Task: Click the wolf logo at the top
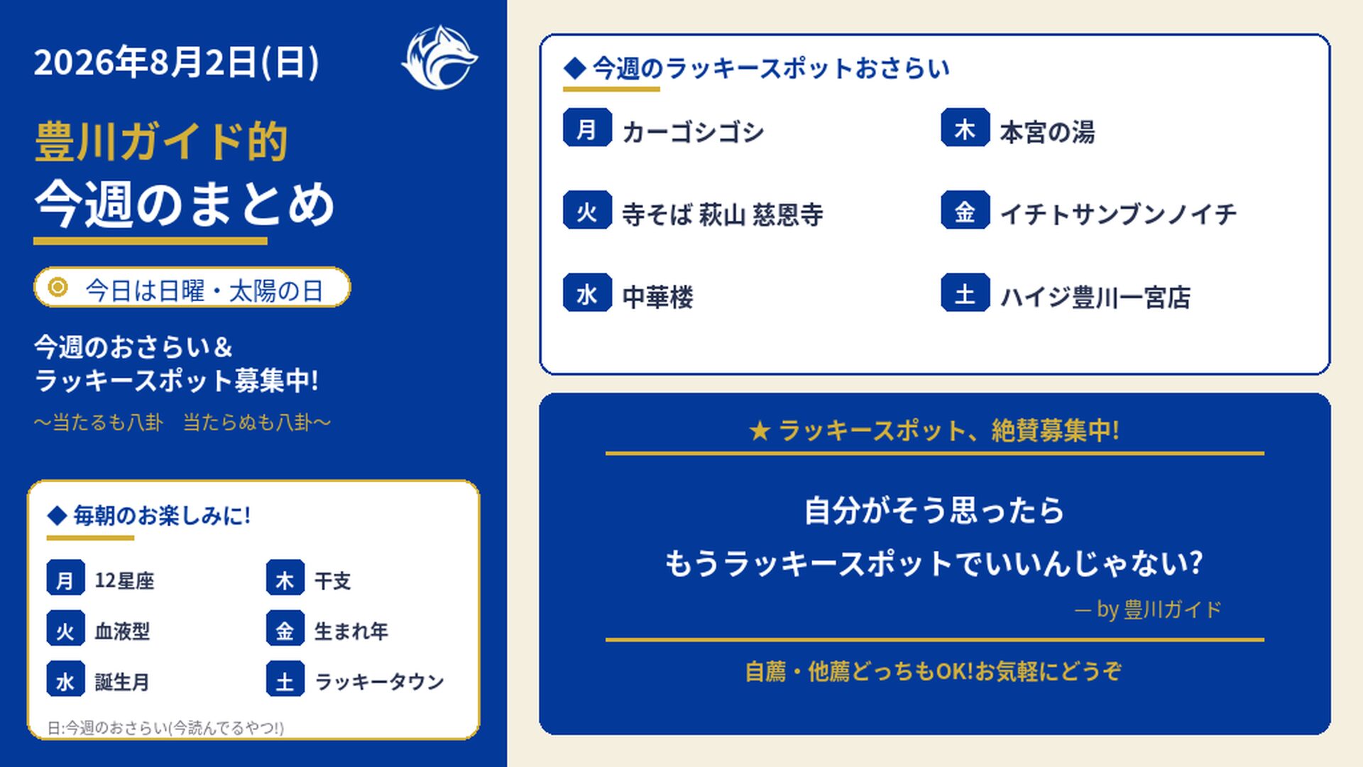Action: pyautogui.click(x=439, y=58)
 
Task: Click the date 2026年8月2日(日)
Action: pyautogui.click(x=177, y=62)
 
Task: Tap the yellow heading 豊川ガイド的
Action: pyautogui.click(x=161, y=141)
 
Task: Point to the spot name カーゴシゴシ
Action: pyautogui.click(x=693, y=132)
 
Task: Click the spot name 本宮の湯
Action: pyautogui.click(x=1047, y=132)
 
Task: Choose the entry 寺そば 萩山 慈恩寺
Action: pyautogui.click(x=723, y=214)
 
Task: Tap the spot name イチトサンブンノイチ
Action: pyautogui.click(x=1118, y=214)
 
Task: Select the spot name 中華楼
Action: pyautogui.click(x=657, y=297)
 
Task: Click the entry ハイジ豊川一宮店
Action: pyautogui.click(x=1095, y=297)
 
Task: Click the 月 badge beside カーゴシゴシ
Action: pyautogui.click(x=587, y=128)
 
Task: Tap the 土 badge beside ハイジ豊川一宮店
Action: pyautogui.click(x=965, y=293)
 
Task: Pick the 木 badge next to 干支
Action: pyautogui.click(x=285, y=578)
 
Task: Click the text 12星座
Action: pyautogui.click(x=124, y=580)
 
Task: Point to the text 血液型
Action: pyautogui.click(x=122, y=631)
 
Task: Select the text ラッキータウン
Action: pyautogui.click(x=379, y=682)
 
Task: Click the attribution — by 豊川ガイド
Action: pyautogui.click(x=1148, y=609)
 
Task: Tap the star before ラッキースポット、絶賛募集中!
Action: pyautogui.click(x=760, y=430)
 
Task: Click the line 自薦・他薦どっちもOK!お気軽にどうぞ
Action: pyautogui.click(x=934, y=671)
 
